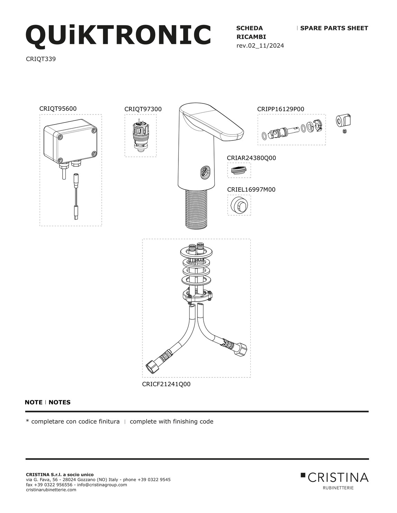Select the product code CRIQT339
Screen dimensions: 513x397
pos(41,59)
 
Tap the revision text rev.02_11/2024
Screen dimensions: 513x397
pos(260,45)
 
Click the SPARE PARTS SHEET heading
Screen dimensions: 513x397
pos(334,28)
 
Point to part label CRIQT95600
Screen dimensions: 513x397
pos(58,109)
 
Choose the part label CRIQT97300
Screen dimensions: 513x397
pos(143,109)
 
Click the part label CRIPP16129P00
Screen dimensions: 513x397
pos(280,109)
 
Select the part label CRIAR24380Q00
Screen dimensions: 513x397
pos(251,158)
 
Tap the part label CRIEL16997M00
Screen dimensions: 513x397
pos(251,190)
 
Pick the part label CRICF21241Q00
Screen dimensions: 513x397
pos(166,384)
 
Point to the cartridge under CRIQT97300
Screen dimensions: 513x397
pos(140,135)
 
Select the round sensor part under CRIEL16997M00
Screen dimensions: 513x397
pos(239,205)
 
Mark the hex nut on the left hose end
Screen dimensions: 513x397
pos(152,367)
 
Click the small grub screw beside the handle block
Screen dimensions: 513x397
pos(344,131)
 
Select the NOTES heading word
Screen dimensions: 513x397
pos(59,402)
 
